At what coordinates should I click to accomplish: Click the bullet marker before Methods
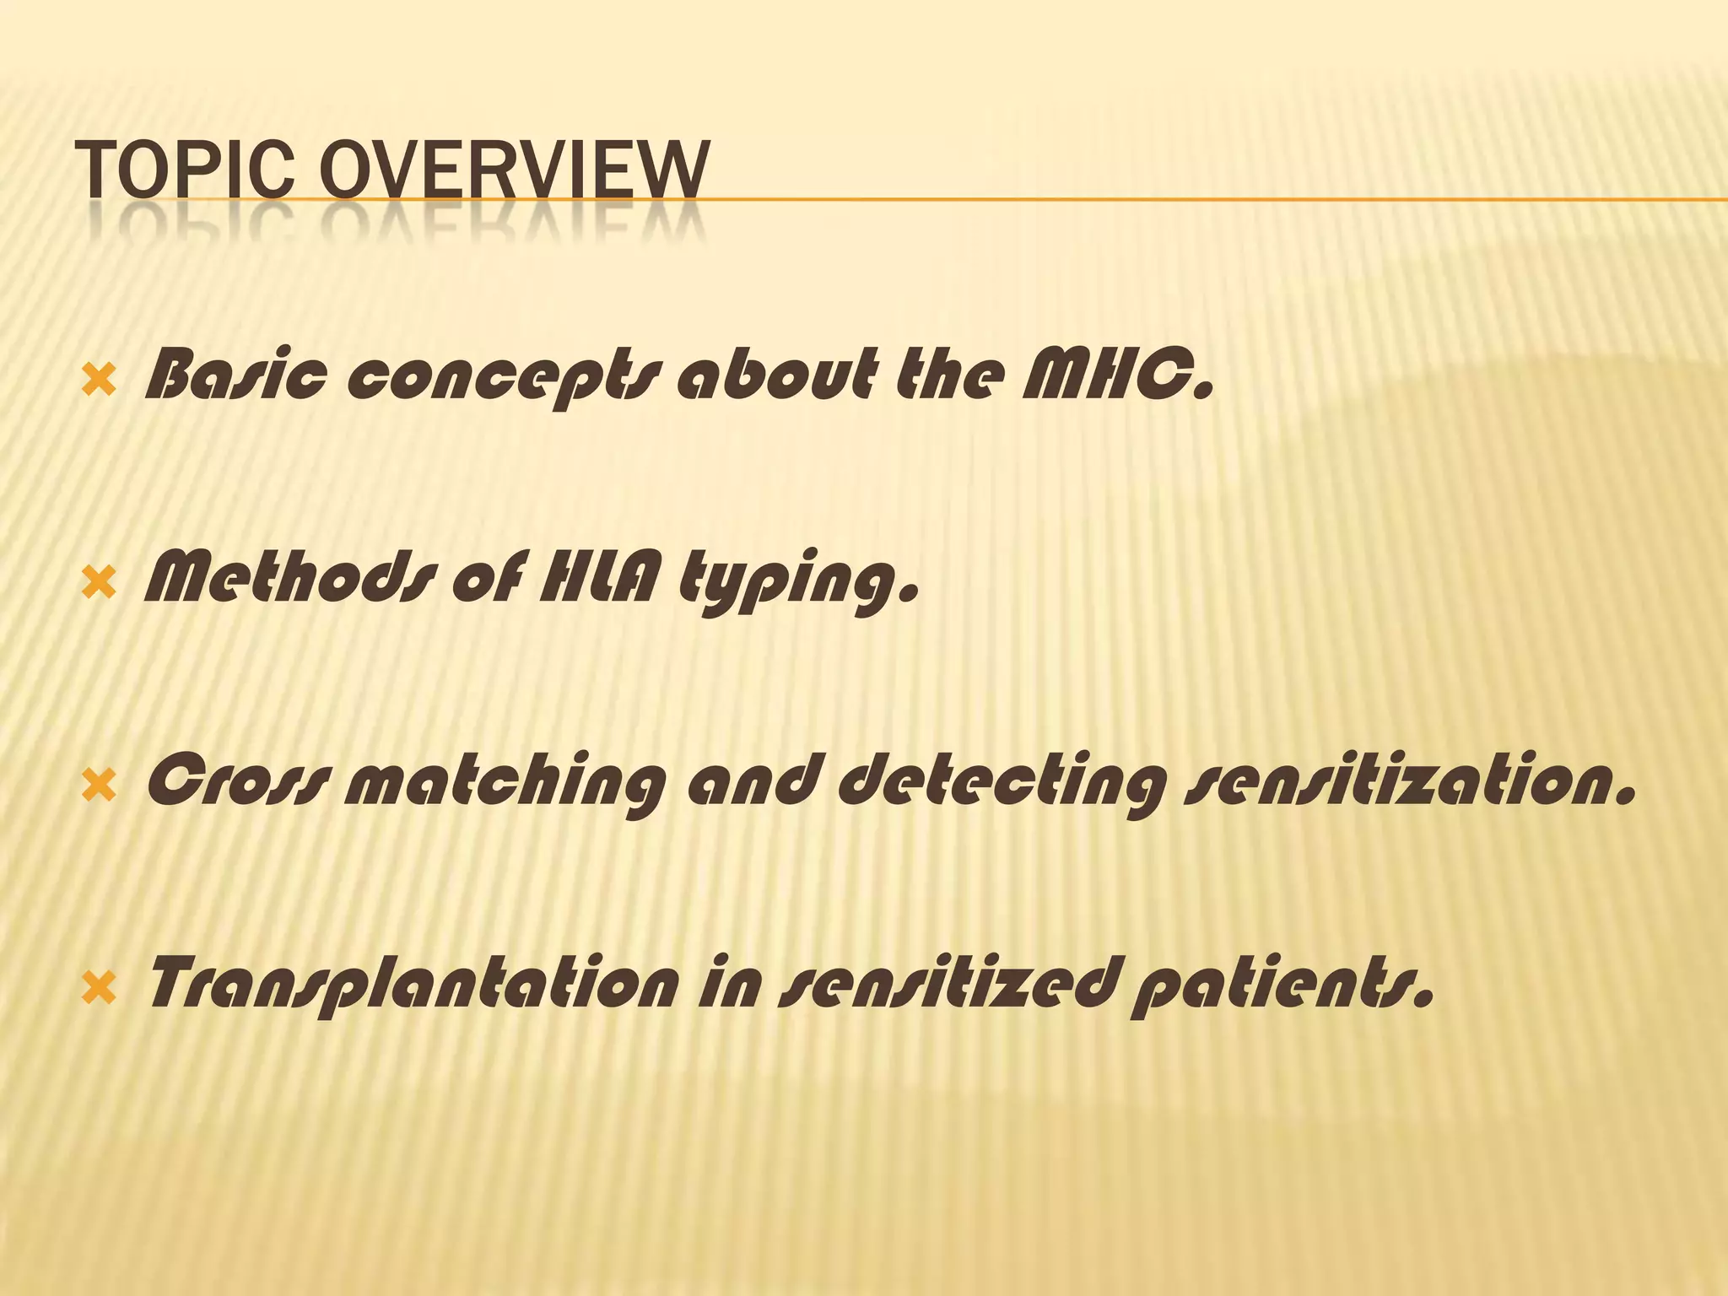(x=100, y=583)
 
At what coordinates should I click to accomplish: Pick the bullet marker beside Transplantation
(x=100, y=987)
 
